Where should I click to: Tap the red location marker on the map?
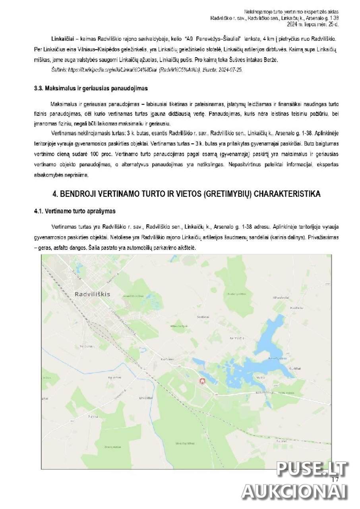coord(202,381)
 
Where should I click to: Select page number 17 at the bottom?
coord(335,479)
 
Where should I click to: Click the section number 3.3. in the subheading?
coord(39,88)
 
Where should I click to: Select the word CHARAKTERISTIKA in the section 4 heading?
coord(286,194)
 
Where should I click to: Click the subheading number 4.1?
coord(39,211)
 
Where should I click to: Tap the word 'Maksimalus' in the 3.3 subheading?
coord(59,88)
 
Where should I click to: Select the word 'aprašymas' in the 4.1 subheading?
coord(102,211)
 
